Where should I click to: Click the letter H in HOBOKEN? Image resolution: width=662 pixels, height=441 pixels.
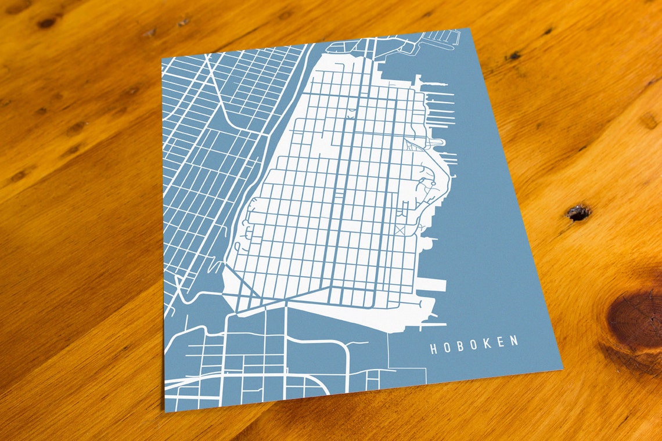coord(433,348)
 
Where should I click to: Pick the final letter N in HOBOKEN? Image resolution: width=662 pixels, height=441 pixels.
coord(514,341)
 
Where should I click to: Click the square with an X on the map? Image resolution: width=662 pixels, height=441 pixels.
coord(400,230)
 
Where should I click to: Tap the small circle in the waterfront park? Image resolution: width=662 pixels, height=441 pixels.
coord(433,185)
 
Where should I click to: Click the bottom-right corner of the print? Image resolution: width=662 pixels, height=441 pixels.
coord(562,368)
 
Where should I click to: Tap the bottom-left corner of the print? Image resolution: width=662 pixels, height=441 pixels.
coord(165,411)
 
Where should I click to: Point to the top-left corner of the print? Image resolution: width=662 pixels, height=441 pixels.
coord(162,59)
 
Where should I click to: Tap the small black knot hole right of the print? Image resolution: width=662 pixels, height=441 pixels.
coord(578,213)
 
